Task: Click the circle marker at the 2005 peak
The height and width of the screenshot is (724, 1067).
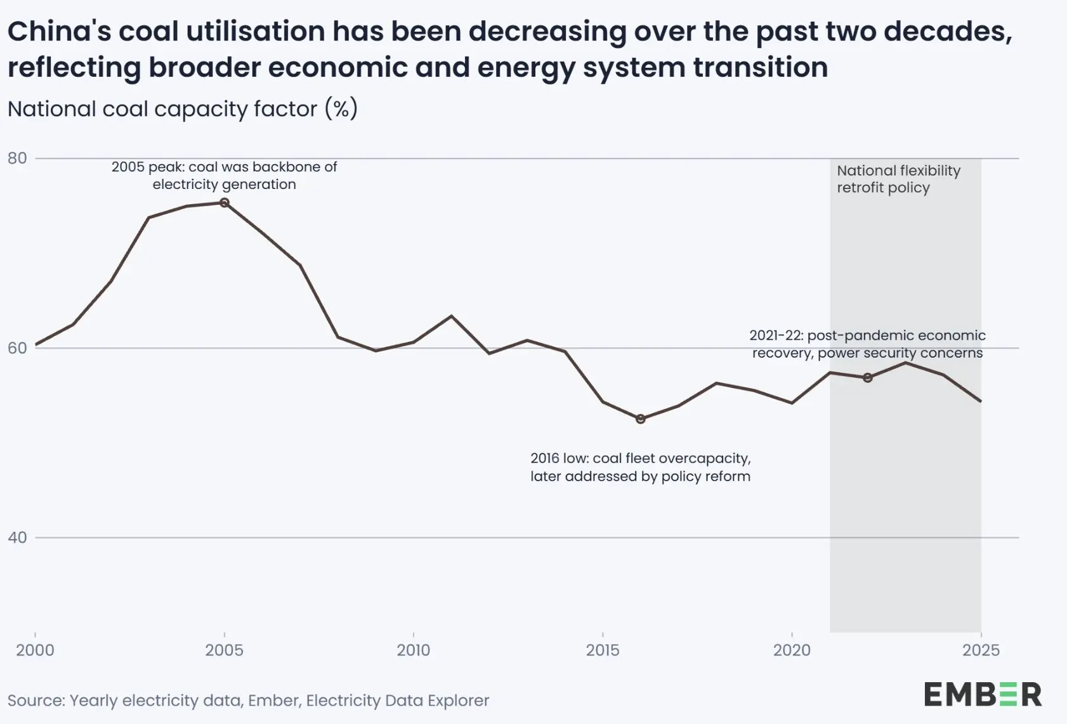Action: (x=224, y=203)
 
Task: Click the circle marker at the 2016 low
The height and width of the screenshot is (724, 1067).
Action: (x=640, y=419)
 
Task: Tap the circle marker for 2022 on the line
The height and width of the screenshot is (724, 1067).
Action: (x=867, y=378)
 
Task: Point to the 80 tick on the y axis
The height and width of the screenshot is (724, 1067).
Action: (x=17, y=158)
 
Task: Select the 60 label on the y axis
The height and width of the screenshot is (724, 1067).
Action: (x=17, y=348)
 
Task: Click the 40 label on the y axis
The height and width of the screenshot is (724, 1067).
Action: (x=17, y=538)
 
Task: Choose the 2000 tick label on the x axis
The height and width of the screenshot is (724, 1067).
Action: (x=35, y=650)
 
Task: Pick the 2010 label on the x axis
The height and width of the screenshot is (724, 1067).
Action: (x=413, y=650)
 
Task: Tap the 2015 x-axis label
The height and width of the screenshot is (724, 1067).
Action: (x=602, y=650)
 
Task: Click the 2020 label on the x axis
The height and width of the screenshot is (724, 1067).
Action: (x=791, y=650)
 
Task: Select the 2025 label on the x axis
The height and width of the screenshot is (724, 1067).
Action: (x=980, y=650)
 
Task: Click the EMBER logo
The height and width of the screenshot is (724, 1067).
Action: (x=982, y=695)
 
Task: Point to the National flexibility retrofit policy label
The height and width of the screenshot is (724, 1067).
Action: (x=898, y=179)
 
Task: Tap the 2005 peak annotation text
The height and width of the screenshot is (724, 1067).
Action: (x=224, y=176)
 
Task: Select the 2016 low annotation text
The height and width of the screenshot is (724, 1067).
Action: (x=640, y=467)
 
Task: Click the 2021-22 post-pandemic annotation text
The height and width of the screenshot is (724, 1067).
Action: (x=867, y=344)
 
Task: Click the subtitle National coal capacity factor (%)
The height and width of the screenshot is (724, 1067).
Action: (x=183, y=109)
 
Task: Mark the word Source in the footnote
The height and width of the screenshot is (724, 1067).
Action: (x=35, y=701)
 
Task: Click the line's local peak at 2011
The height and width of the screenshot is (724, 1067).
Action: (x=451, y=316)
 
